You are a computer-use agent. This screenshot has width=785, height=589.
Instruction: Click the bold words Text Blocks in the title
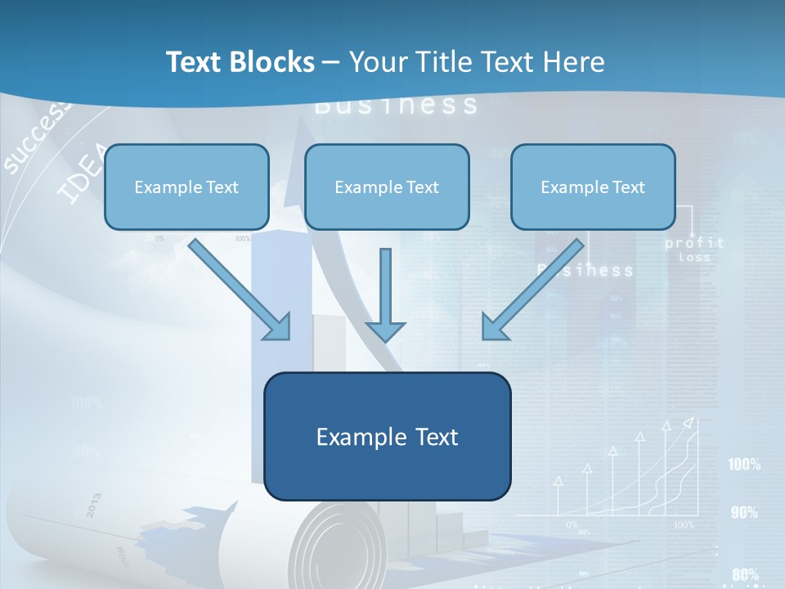[x=240, y=62]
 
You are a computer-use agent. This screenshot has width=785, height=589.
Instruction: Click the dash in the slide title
[x=331, y=63]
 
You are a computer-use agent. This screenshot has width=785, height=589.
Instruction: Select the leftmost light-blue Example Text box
[x=186, y=187]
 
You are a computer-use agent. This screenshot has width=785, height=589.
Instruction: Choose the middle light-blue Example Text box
[x=387, y=187]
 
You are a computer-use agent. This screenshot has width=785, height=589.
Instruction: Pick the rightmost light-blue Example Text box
[x=593, y=187]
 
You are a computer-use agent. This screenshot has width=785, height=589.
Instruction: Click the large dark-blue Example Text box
[x=387, y=436]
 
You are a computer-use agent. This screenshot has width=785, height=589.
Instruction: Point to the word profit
[x=694, y=243]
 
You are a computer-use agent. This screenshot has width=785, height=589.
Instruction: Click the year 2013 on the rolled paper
[x=92, y=506]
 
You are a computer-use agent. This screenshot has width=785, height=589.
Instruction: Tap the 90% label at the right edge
[x=744, y=513]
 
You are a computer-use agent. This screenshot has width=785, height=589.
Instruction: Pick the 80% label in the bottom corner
[x=745, y=574]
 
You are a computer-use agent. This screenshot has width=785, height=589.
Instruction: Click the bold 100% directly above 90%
[x=744, y=465]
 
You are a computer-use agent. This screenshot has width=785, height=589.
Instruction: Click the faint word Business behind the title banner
[x=396, y=106]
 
